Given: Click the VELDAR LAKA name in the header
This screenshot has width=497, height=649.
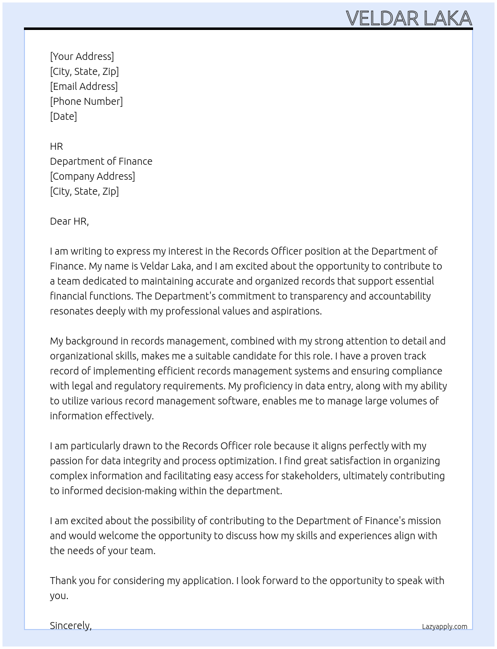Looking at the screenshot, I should click(x=409, y=18).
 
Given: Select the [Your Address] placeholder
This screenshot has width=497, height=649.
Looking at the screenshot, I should click(x=82, y=56).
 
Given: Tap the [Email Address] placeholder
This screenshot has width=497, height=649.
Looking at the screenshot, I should click(x=84, y=86).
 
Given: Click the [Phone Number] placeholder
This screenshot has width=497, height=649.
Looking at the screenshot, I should click(x=86, y=101).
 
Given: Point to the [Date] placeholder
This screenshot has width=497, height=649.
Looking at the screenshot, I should click(x=63, y=116).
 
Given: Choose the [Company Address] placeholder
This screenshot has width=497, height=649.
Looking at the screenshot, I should click(x=92, y=176).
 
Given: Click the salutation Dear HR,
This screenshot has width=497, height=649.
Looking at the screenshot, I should click(x=69, y=221).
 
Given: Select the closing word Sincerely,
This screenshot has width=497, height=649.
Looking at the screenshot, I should click(x=71, y=626).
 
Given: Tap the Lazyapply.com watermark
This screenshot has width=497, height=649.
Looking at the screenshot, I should click(x=445, y=627).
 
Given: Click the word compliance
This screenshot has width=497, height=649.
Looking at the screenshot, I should click(x=417, y=371).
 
